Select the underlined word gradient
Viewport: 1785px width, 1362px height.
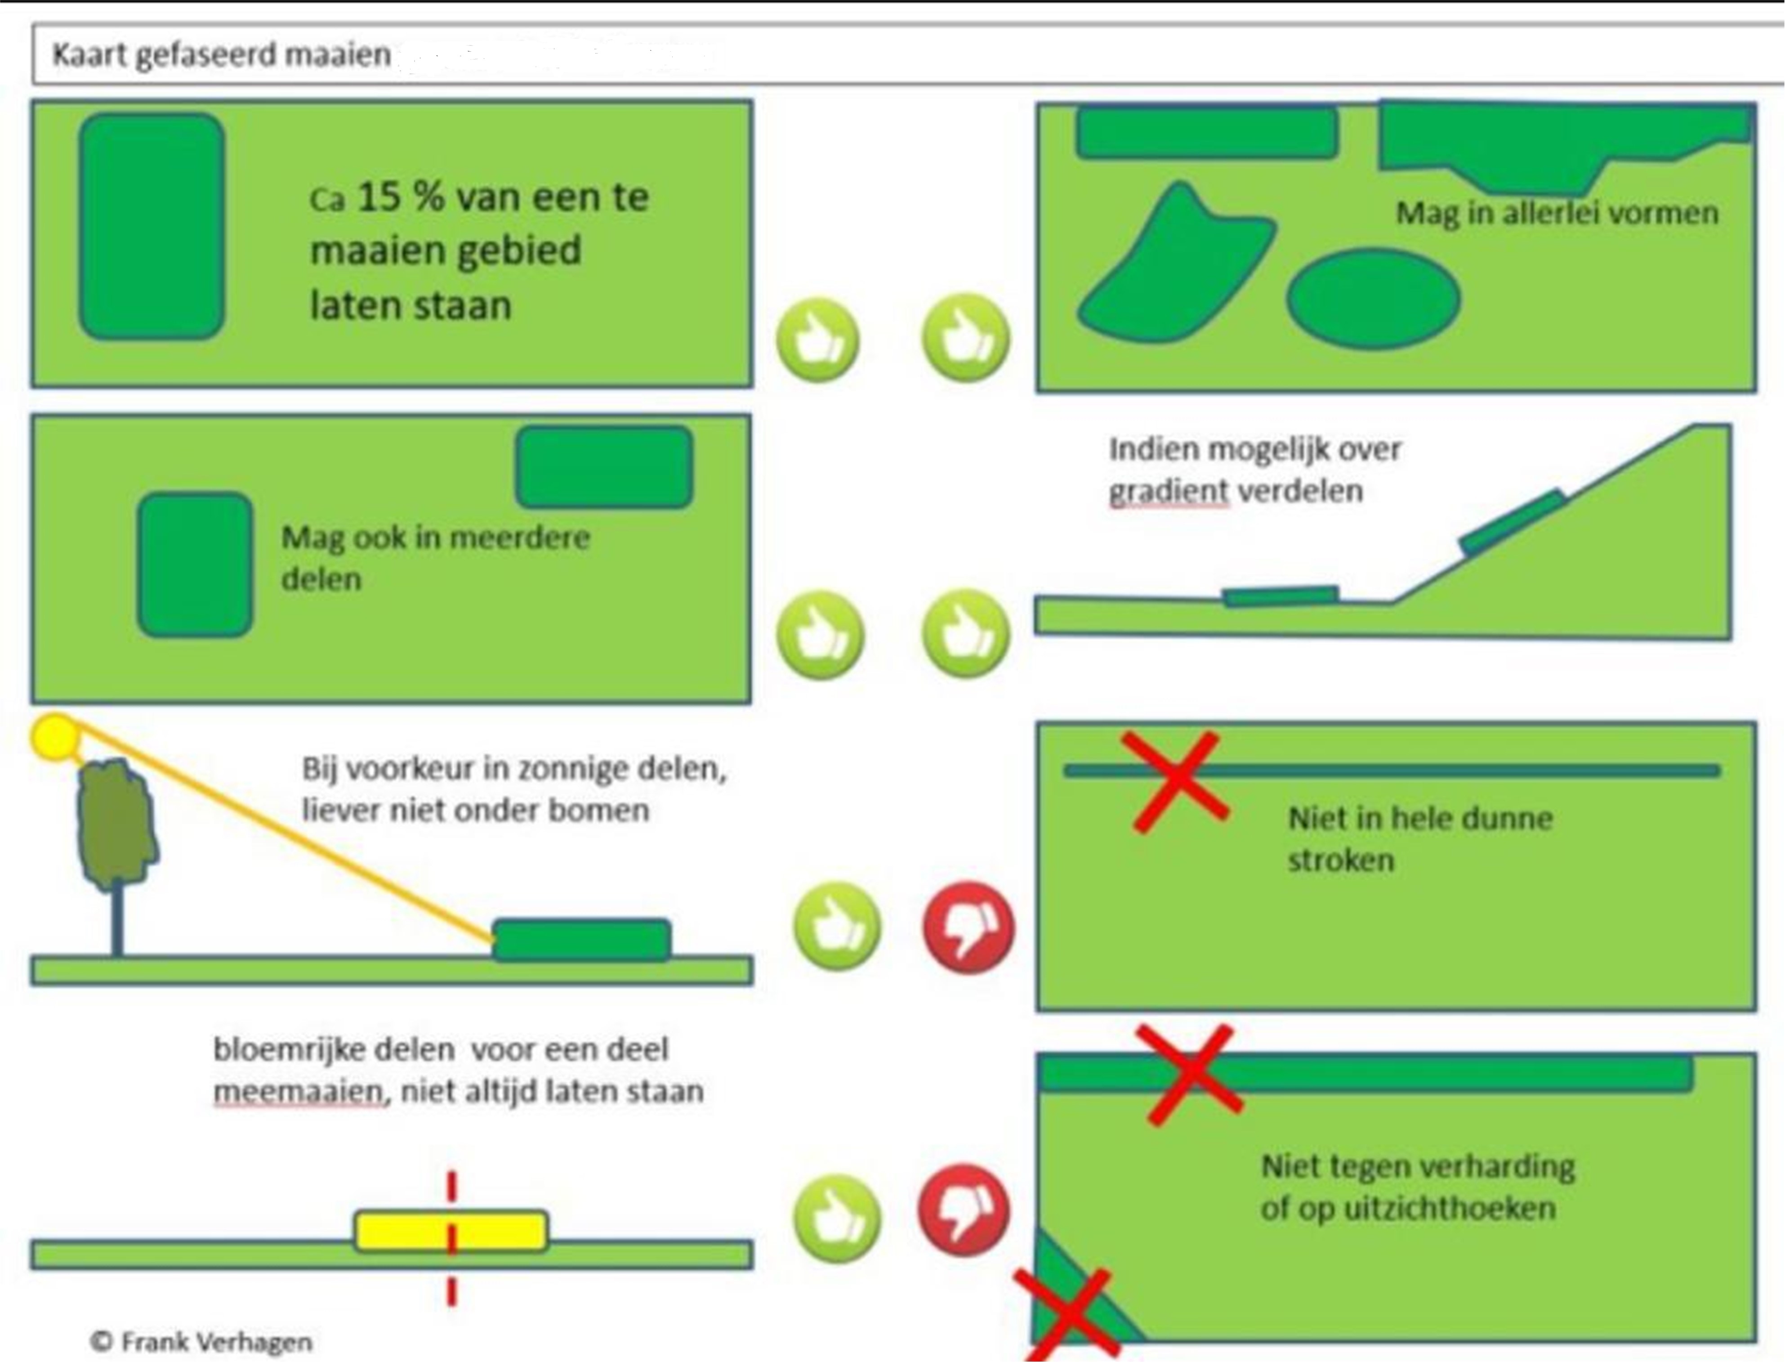click(x=1168, y=491)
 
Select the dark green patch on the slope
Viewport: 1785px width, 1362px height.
click(x=1511, y=522)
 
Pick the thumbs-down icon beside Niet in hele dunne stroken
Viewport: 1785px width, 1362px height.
click(x=968, y=927)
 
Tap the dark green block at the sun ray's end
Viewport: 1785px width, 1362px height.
click(x=582, y=940)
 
